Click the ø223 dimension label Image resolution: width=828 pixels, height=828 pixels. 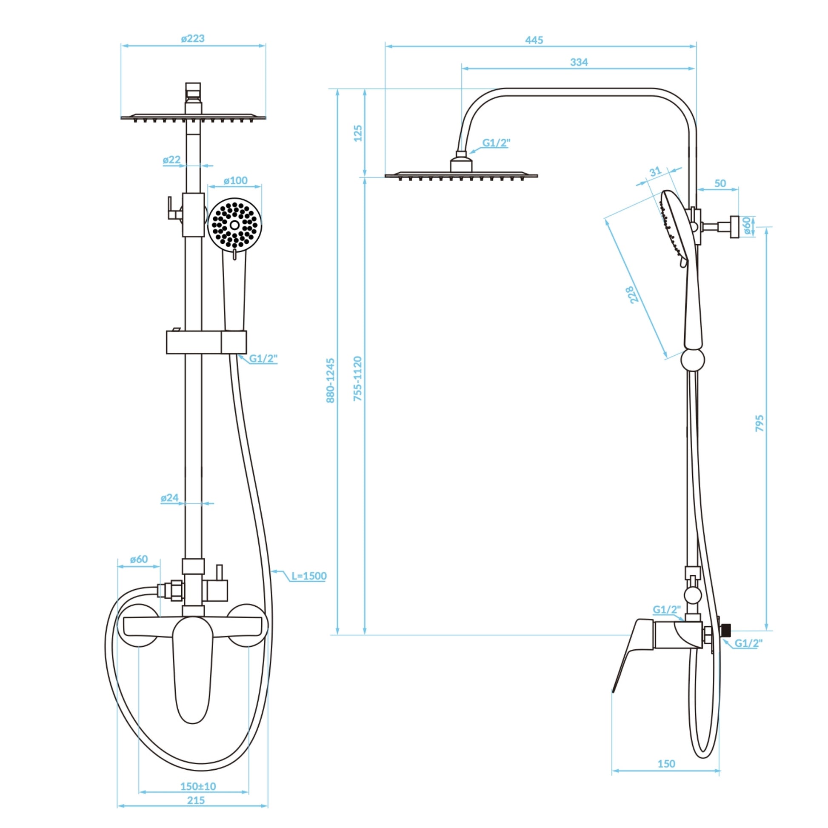pyautogui.click(x=193, y=39)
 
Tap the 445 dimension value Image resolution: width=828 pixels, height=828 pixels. pyautogui.click(x=534, y=40)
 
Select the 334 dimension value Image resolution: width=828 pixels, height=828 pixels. pyautogui.click(x=579, y=62)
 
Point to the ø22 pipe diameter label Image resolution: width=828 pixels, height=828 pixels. pyautogui.click(x=171, y=160)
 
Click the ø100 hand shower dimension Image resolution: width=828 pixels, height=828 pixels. pyautogui.click(x=236, y=180)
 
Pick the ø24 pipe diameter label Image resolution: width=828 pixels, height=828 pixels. pyautogui.click(x=169, y=497)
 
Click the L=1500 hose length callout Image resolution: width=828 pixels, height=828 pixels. pyautogui.click(x=308, y=576)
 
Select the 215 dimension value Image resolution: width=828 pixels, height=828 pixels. pyautogui.click(x=196, y=800)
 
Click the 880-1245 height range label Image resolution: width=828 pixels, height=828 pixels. pyautogui.click(x=330, y=380)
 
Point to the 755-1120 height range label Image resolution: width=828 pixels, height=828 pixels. pyautogui.click(x=357, y=378)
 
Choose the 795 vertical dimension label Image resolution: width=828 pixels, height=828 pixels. pyautogui.click(x=759, y=423)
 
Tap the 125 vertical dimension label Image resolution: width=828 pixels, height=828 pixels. pyautogui.click(x=358, y=133)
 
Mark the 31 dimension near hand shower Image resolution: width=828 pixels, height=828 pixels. pyautogui.click(x=655, y=172)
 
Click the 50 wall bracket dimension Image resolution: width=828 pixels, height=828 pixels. pyautogui.click(x=720, y=183)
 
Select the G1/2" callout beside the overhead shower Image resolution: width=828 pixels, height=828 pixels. pyautogui.click(x=497, y=143)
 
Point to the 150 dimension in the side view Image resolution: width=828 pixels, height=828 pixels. pyautogui.click(x=666, y=763)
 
